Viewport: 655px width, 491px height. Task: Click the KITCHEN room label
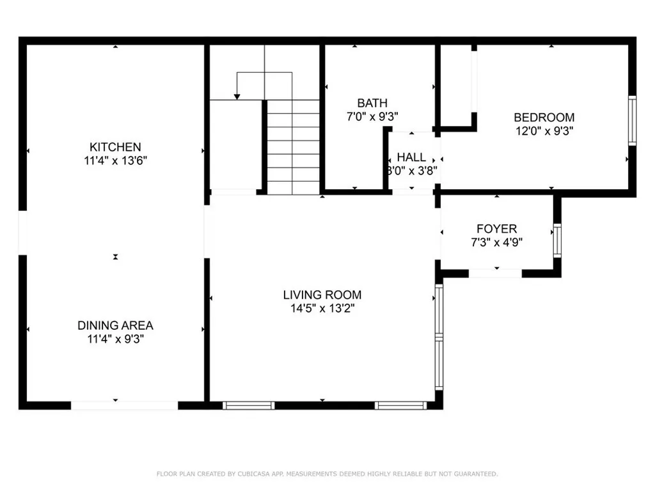tap(115, 147)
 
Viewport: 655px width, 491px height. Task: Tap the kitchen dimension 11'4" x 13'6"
tap(115, 161)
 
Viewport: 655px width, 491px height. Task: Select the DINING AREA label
tap(115, 325)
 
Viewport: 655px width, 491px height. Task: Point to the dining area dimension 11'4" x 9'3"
tap(115, 339)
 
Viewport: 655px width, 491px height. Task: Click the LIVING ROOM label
tap(322, 295)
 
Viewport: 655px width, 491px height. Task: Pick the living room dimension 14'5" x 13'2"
tap(322, 309)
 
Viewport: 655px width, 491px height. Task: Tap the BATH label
tap(372, 103)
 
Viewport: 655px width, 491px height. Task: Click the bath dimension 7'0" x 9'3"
tap(372, 117)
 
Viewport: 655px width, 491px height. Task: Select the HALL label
tap(412, 157)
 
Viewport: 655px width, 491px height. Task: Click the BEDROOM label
tap(544, 118)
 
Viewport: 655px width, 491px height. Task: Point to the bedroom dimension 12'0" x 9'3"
tap(544, 132)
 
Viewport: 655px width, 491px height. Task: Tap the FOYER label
tap(496, 229)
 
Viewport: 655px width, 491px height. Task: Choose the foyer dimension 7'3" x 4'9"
tap(496, 243)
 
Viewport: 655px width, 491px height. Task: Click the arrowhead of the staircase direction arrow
tap(237, 97)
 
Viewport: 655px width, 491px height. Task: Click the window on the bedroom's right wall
tap(632, 120)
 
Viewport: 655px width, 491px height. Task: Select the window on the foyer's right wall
tap(557, 240)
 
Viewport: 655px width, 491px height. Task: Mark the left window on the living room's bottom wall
tap(248, 405)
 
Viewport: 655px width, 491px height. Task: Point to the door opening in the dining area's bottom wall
tap(124, 405)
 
